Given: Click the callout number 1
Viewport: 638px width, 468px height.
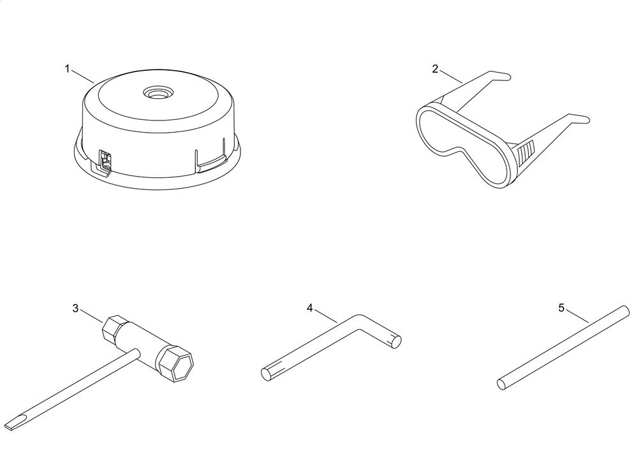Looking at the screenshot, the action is tap(68, 69).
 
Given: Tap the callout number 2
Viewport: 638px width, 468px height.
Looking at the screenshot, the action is tap(435, 69).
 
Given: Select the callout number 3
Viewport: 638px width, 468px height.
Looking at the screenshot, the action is tap(75, 308).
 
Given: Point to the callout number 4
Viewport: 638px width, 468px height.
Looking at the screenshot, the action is tap(310, 308).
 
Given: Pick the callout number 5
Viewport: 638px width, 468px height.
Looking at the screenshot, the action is tap(561, 308).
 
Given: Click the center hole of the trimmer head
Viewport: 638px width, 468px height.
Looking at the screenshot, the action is tap(157, 92).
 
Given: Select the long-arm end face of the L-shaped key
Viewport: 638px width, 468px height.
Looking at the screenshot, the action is tap(265, 374).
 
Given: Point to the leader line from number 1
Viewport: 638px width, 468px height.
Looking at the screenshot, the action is tap(82, 77).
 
